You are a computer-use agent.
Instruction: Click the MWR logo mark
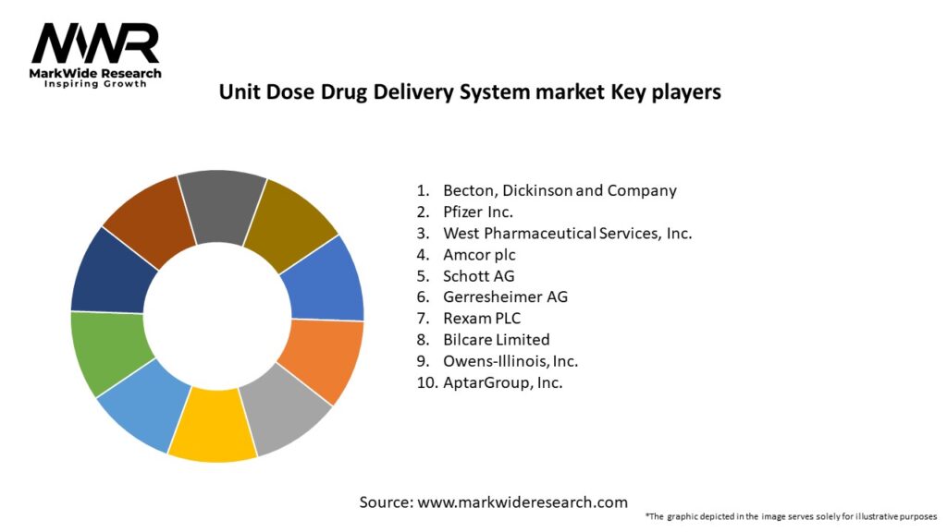click(x=95, y=43)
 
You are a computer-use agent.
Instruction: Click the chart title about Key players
click(x=469, y=92)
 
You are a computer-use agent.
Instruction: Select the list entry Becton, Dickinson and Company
click(x=560, y=191)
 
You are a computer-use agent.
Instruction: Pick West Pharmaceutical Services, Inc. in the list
click(x=567, y=234)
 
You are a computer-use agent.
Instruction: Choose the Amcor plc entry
click(x=479, y=255)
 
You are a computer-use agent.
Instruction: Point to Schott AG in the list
click(x=478, y=276)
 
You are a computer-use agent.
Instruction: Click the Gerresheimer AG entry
click(x=505, y=297)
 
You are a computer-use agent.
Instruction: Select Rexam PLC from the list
click(x=482, y=319)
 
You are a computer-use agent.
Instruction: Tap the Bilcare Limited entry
click(x=496, y=340)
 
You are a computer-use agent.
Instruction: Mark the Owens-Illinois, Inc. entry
click(x=510, y=361)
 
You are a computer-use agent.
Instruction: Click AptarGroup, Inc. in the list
click(x=502, y=382)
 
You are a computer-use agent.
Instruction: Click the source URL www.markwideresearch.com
click(x=523, y=502)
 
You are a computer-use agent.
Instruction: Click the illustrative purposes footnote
click(x=791, y=516)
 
